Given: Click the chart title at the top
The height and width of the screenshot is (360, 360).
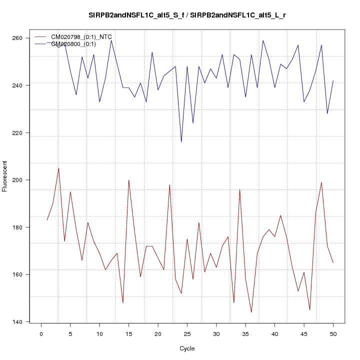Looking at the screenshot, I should (187, 15).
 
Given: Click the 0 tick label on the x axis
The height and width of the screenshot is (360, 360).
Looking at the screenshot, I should (41, 334).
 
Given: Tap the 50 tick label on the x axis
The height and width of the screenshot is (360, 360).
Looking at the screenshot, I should (333, 334).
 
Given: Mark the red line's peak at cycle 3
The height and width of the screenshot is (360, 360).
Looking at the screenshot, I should (58, 168).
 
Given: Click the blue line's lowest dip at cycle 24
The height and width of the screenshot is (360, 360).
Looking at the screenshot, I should (181, 142).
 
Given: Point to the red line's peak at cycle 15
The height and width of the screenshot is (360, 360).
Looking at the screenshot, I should (128, 180).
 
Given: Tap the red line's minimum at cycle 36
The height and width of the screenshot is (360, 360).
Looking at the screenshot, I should (251, 312).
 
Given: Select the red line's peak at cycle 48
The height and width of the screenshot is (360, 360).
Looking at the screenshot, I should (321, 182).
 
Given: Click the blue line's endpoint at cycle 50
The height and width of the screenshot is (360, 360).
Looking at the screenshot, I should (333, 80).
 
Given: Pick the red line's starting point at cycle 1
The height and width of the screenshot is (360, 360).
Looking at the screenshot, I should (47, 220).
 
